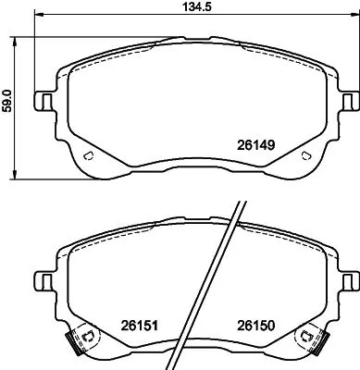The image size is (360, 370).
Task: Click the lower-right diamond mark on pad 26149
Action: pos(305,154)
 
